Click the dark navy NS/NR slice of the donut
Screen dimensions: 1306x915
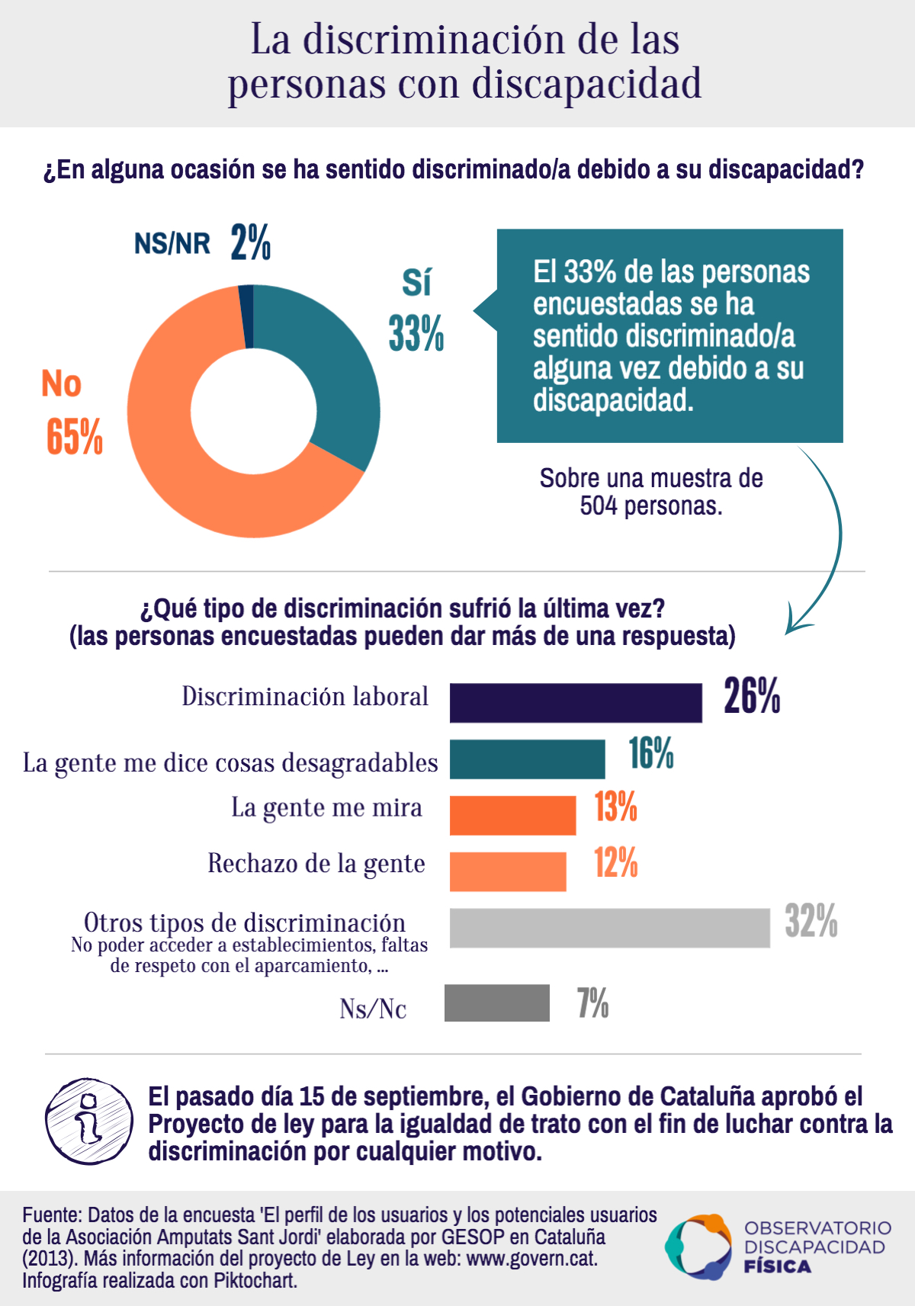point(246,316)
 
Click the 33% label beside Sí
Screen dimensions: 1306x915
point(416,334)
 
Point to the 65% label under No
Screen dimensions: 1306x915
point(74,437)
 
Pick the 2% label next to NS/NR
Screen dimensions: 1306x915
point(251,242)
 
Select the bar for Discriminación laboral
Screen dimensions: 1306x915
point(576,702)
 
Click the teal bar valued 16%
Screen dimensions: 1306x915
point(527,759)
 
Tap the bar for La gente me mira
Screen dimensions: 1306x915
point(512,815)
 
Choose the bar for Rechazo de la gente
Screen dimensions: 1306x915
point(508,871)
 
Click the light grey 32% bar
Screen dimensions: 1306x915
point(609,928)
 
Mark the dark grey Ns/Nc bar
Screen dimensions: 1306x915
point(496,1003)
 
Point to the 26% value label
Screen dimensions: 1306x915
point(752,696)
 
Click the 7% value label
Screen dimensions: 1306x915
point(592,1003)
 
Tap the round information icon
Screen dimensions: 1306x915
point(89,1121)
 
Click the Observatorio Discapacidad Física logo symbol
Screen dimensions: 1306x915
point(698,1247)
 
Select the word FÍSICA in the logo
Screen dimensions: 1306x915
point(777,1267)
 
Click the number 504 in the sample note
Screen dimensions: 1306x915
point(598,505)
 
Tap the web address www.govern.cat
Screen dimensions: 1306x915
point(531,1258)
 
